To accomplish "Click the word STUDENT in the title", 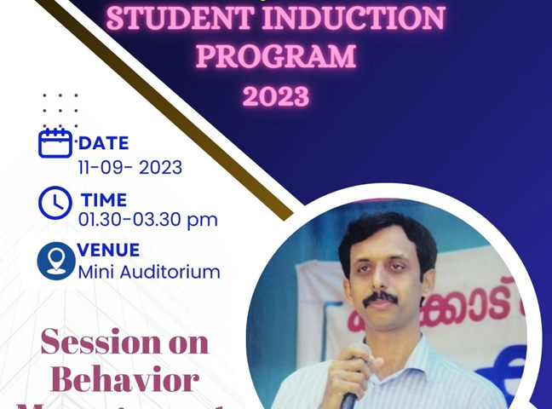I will coord(181,18).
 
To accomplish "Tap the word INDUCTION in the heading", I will coord(355,18).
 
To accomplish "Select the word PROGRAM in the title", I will coord(276,56).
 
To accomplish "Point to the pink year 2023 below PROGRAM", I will coord(275,95).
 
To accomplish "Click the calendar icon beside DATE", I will coord(55,142).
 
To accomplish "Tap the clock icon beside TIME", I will coord(55,203).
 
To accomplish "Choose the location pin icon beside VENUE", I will coord(56,261).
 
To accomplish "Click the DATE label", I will coord(103,143).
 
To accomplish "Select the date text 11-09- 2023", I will coord(130,167).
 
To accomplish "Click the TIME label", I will coord(103,200).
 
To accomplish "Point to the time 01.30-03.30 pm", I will coord(147,220).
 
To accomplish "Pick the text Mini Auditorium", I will coord(149,273).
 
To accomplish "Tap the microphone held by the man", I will coord(348,392).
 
